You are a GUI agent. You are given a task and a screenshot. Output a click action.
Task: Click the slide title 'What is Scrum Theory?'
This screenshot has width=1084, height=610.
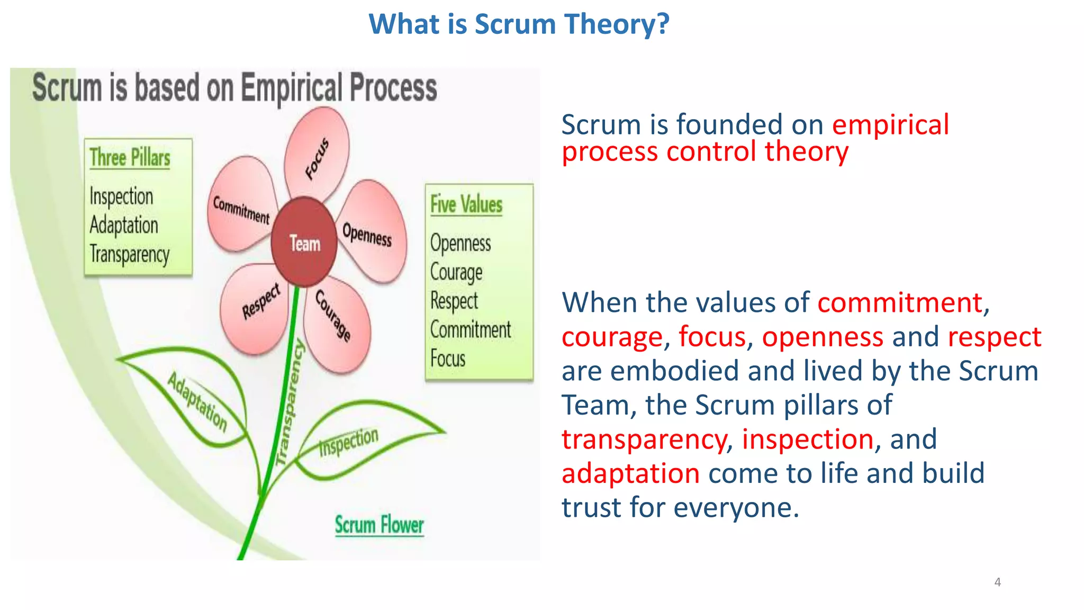tap(519, 24)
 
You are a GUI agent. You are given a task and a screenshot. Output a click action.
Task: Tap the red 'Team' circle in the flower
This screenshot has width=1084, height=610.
tap(304, 243)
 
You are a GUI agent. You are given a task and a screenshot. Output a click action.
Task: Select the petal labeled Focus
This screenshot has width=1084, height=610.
tap(317, 154)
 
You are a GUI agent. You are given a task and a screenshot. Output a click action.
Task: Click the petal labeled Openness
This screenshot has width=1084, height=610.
tap(371, 233)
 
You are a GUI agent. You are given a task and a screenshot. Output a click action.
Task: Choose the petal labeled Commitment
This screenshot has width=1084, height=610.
tap(241, 207)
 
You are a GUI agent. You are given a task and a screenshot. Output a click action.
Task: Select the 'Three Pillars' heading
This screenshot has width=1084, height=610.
tap(130, 157)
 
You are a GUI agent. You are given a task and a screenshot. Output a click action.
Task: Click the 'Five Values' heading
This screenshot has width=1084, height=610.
tap(466, 204)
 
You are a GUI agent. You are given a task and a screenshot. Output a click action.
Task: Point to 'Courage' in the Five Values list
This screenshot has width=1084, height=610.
tap(456, 272)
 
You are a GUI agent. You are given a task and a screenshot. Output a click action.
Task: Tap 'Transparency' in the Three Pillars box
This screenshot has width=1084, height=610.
tap(130, 254)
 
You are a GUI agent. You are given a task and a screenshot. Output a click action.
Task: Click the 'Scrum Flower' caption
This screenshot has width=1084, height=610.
tap(379, 525)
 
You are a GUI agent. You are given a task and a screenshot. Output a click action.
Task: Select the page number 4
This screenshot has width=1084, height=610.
tap(997, 582)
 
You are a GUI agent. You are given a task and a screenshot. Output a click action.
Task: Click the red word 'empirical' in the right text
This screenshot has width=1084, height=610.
tap(890, 125)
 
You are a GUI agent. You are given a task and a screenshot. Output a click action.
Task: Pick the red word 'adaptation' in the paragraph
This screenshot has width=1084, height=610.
tap(630, 473)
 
